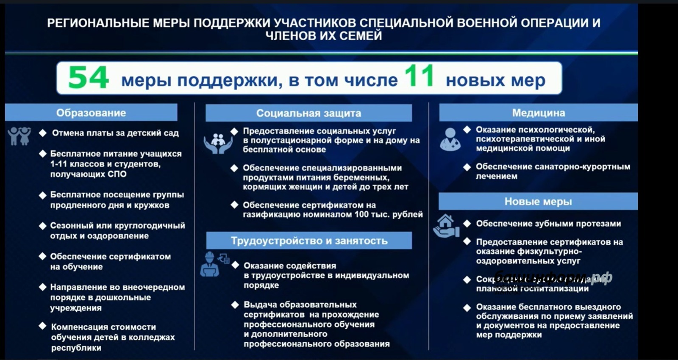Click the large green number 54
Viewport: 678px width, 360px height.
89,78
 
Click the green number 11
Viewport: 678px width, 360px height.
419,76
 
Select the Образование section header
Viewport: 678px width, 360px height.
91,113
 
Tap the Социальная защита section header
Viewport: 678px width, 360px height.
308,113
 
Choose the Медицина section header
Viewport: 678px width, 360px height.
538,113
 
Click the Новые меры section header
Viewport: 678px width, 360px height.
538,202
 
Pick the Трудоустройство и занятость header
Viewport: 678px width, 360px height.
309,241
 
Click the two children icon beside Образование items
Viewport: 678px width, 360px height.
19,136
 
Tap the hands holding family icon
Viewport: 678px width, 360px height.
218,143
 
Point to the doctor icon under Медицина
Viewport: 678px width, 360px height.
450,139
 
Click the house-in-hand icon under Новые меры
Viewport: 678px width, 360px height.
446,226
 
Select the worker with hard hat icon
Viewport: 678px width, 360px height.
210,265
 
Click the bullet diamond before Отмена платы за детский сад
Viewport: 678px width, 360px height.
43,133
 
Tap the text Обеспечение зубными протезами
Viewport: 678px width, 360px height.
548,224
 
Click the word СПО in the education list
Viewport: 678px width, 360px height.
117,174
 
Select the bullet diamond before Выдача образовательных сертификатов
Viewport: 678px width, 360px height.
235,305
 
